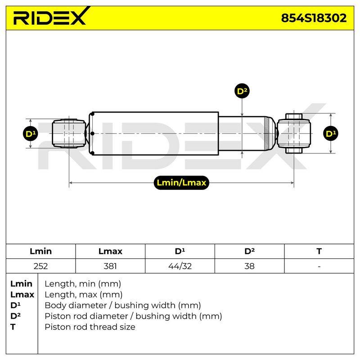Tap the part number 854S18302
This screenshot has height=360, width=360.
pos(314,18)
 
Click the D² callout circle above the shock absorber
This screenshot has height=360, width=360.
pos(242,91)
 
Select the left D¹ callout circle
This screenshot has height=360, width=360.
pos(31,134)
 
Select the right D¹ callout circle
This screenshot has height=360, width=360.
pos(331,133)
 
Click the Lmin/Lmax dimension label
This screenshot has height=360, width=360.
pos(181,183)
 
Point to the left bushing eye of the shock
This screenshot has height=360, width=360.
pos(69,133)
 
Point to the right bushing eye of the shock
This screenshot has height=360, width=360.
pos(294,133)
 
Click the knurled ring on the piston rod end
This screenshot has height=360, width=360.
pos(266,133)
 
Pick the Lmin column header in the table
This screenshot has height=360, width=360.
pos(40,251)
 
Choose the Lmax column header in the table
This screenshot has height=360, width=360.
pos(110,251)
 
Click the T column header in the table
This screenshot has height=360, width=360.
pos(319,251)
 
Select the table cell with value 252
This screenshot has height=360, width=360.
pos(40,266)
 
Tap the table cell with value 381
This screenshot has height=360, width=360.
pos(110,266)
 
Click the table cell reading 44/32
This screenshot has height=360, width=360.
pos(180,266)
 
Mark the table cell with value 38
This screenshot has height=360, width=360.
pos(249,266)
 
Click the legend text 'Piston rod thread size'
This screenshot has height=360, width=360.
pos(90,327)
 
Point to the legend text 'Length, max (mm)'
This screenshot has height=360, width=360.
pos(83,295)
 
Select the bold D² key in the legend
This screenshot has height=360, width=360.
pos(15,316)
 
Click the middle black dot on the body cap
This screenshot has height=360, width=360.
pos(92,133)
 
